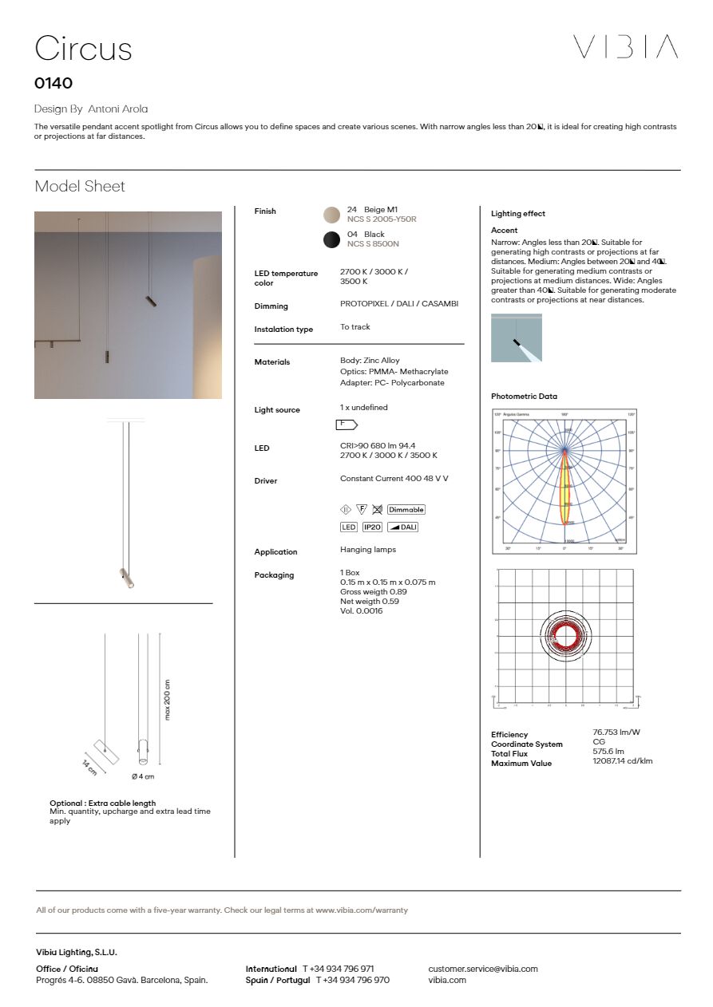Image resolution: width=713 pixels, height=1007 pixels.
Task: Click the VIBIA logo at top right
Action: tap(625, 47)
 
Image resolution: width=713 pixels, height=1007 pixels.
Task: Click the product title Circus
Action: tap(83, 49)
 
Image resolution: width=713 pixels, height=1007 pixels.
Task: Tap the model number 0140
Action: tap(53, 83)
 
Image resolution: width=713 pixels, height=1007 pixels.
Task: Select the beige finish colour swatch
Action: tap(331, 214)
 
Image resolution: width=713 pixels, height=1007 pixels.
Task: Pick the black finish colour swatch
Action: tap(331, 239)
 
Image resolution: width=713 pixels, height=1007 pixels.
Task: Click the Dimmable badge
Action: tap(406, 509)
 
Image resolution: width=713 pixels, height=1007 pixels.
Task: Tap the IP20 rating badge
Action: tap(372, 527)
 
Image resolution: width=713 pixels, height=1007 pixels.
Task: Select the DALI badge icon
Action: tap(402, 527)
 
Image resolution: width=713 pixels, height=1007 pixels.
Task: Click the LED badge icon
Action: tap(349, 527)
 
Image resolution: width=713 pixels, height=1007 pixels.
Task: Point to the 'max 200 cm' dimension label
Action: tap(168, 700)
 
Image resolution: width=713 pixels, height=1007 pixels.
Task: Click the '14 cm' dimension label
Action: tap(89, 767)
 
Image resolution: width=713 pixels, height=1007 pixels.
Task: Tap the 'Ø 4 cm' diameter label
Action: tap(143, 776)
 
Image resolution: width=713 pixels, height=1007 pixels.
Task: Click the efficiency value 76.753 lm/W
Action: tap(616, 732)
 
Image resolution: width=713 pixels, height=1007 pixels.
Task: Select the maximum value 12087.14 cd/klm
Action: tap(623, 760)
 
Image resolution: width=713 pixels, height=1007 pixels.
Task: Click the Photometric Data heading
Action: tap(525, 397)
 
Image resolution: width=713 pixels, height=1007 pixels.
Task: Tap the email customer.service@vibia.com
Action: tap(483, 969)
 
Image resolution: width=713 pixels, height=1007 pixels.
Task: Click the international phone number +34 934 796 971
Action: tap(338, 969)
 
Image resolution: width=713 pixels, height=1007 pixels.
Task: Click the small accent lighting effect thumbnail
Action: tap(517, 338)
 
